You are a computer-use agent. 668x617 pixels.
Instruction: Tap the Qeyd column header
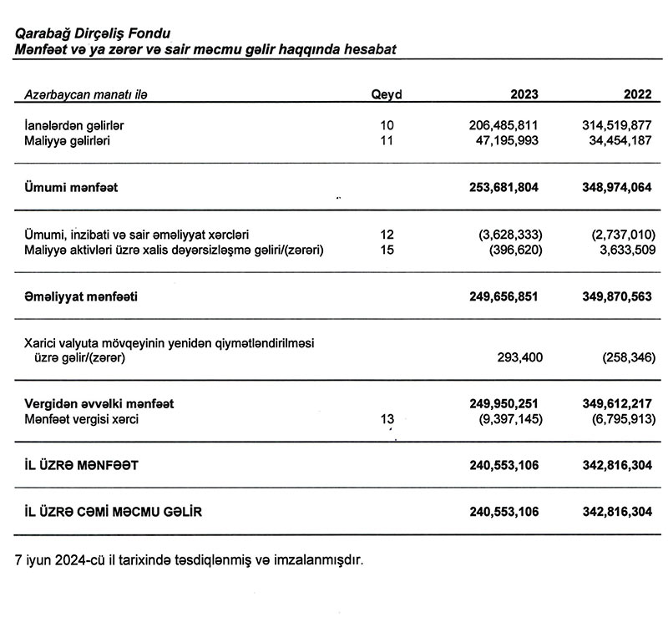387,94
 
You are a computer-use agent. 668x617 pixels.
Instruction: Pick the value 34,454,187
615,141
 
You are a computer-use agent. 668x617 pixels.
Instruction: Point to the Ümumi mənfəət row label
72,188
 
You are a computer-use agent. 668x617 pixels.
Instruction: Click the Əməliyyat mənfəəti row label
82,296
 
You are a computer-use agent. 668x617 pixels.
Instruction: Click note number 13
386,420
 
